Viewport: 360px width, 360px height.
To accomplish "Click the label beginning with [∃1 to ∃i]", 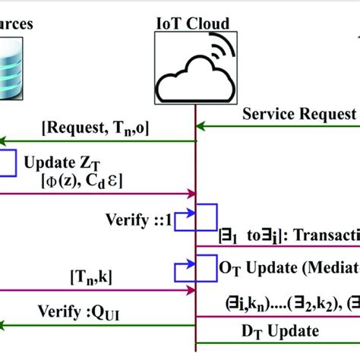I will point(289,236).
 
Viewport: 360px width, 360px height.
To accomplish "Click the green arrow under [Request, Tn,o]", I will point(99,141).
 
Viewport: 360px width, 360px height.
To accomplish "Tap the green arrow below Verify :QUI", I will point(99,327).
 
